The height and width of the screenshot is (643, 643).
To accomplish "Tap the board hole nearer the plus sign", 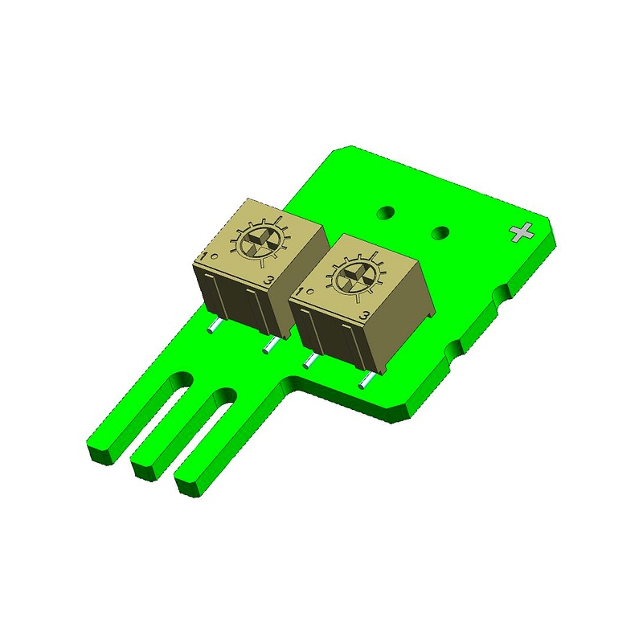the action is pos(440,233).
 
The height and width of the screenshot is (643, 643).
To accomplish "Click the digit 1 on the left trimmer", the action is pos(203,256).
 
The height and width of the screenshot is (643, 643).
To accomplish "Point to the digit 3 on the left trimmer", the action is pos(269,281).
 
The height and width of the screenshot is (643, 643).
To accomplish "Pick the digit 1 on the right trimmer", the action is pos(299,293).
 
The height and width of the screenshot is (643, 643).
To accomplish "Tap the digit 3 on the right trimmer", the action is pos(363,316).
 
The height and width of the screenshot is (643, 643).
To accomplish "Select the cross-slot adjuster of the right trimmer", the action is pos(353,279).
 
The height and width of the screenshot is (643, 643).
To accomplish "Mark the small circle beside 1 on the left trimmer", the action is pos(214,256).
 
